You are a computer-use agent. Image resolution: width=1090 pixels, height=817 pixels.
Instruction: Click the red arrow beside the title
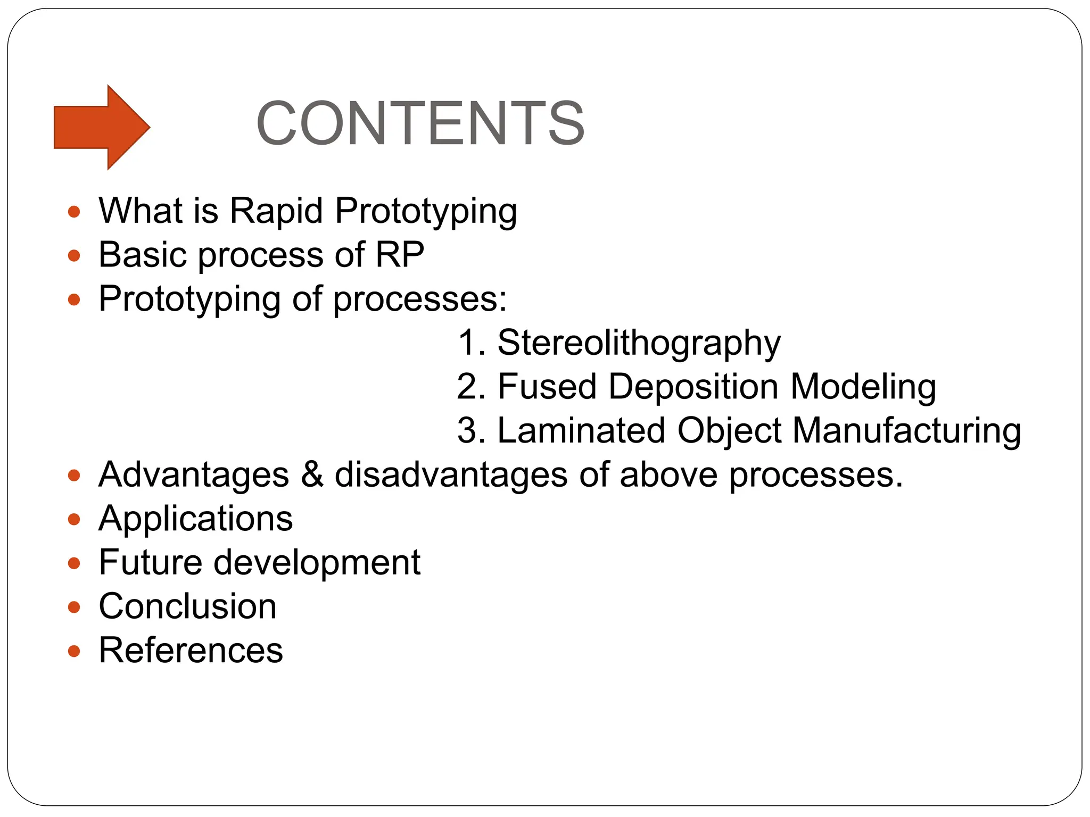point(101,127)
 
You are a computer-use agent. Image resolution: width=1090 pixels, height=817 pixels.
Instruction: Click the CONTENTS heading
point(420,123)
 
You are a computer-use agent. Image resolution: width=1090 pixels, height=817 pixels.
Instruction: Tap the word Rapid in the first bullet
point(276,211)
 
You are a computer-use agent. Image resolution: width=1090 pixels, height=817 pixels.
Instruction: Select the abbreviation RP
point(400,255)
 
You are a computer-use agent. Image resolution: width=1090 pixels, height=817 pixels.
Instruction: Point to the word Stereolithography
point(639,343)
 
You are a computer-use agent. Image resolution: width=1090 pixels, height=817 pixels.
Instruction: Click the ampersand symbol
point(312,474)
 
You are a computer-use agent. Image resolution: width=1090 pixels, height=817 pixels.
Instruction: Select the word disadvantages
point(450,474)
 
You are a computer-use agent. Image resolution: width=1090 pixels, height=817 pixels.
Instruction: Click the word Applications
point(196,519)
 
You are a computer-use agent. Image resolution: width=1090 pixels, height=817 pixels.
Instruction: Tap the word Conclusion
point(188,606)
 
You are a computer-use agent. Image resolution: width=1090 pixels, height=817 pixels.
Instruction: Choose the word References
point(191,651)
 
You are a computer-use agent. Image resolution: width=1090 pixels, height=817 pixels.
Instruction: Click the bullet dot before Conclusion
point(74,607)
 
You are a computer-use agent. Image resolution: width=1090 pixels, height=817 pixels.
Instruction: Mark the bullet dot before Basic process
point(74,256)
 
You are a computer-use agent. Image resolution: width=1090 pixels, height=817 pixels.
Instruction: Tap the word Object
point(729,430)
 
